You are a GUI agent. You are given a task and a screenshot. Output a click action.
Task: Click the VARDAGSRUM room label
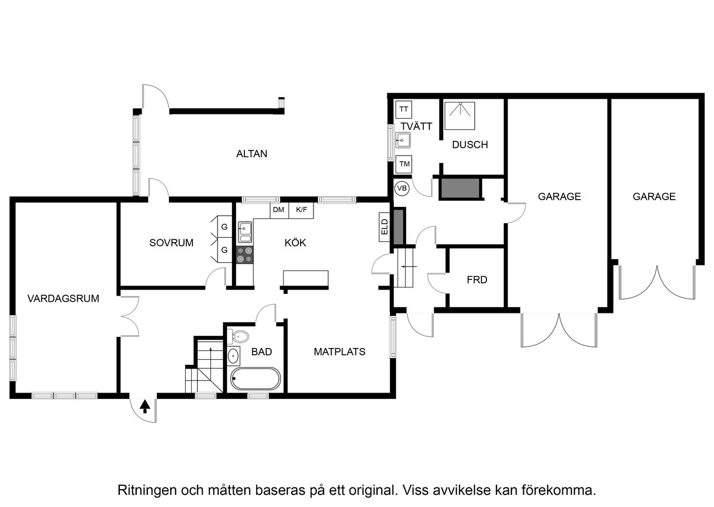[x=63, y=298]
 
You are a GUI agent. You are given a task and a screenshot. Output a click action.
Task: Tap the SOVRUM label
[x=171, y=243]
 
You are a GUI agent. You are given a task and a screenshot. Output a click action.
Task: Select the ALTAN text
[x=251, y=154]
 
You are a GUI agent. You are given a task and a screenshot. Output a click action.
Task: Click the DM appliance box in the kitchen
[x=279, y=210]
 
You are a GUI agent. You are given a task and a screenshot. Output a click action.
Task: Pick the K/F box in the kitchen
[x=301, y=210]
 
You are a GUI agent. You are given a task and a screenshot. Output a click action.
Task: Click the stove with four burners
[x=245, y=255]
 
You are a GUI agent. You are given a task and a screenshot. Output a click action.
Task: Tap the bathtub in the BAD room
[x=255, y=379]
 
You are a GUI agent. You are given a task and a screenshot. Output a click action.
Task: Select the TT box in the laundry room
[x=403, y=109]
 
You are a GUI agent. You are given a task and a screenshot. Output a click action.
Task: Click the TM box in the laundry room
[x=404, y=165]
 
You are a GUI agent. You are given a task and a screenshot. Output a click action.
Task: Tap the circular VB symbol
[x=402, y=189]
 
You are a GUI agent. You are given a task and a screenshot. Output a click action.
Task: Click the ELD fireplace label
[x=384, y=227]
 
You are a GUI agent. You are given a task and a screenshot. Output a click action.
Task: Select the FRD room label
[x=477, y=279]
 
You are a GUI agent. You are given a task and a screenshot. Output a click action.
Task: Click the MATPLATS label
[x=339, y=351]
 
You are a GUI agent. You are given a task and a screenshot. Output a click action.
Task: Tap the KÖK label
[x=295, y=243]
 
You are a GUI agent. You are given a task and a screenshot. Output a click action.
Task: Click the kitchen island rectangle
[x=306, y=278]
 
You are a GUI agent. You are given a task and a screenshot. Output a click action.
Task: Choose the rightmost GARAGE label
[x=654, y=196]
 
